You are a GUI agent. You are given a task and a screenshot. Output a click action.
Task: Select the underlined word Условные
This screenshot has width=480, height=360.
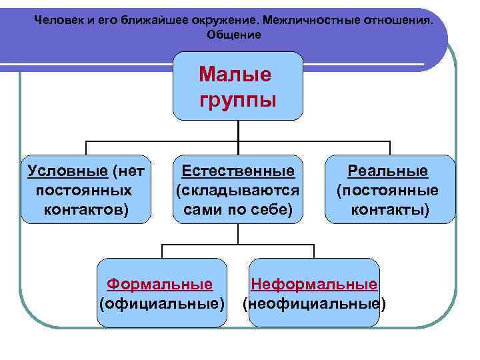pos(67,171)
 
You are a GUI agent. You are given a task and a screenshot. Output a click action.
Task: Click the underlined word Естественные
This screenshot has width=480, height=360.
pos(238,171)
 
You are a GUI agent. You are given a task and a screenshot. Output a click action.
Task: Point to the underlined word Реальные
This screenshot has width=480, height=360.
pos(390,171)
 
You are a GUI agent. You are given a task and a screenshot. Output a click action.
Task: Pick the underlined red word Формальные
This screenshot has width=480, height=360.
pos(160,285)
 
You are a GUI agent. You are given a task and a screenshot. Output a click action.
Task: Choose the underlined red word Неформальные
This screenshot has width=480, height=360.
pos(313,285)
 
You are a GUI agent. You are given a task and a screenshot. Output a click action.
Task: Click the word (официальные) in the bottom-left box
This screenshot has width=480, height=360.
pos(162,304)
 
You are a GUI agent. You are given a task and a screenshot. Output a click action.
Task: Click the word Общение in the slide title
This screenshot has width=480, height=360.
pos(234,34)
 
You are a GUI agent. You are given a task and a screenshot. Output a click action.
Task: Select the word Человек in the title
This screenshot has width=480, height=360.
pos(58,20)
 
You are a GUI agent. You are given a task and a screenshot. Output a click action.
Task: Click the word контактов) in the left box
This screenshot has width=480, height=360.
pos(86,210)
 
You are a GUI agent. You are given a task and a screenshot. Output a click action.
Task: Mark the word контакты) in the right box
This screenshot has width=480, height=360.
pos(390,210)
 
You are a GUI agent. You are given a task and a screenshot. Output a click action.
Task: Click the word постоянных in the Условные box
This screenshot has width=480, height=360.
pos(85,191)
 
